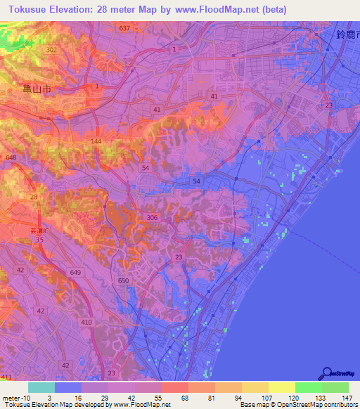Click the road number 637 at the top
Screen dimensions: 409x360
(x=125, y=28)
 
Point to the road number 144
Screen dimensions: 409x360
(x=96, y=141)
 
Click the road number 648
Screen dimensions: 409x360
(x=10, y=157)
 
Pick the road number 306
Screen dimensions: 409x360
(x=153, y=218)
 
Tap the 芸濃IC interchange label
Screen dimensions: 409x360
(x=44, y=231)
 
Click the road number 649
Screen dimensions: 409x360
(x=75, y=272)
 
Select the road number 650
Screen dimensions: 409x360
(x=124, y=280)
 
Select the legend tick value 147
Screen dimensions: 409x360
(x=347, y=398)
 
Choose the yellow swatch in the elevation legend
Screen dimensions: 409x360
(x=281, y=387)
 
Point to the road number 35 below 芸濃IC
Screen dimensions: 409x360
(x=39, y=240)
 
